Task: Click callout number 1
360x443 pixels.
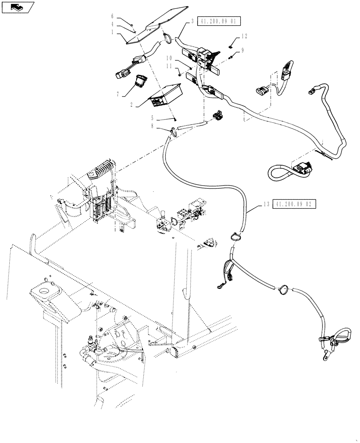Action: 113,32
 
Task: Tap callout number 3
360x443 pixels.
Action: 192,21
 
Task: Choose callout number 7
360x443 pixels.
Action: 117,94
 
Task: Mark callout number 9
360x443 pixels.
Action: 243,51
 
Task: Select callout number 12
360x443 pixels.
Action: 244,35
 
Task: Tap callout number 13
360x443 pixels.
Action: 266,204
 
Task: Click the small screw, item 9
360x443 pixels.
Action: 232,57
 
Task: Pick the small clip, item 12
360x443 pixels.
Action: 232,43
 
